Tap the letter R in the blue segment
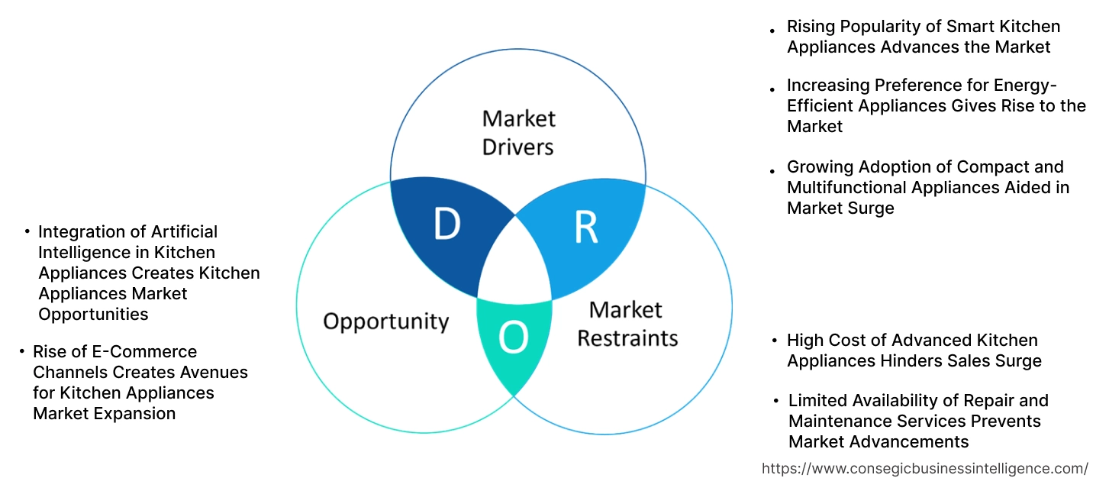[x=585, y=226]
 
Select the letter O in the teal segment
[x=513, y=338]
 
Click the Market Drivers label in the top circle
[x=518, y=132]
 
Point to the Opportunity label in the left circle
[x=385, y=321]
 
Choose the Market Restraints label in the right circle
[x=627, y=324]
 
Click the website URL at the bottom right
[x=925, y=468]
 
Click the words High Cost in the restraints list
[x=822, y=340]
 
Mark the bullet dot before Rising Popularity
[x=772, y=27]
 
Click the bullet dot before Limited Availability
[x=774, y=401]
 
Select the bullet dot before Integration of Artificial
[x=27, y=231]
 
